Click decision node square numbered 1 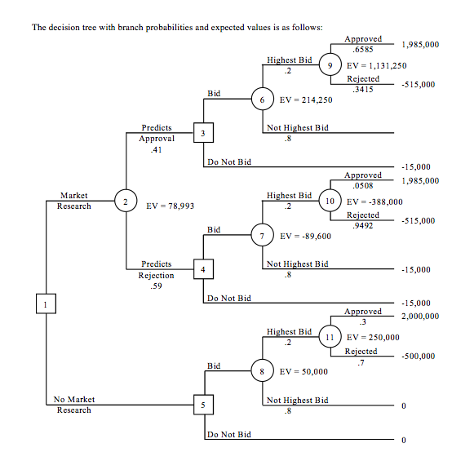[46, 304]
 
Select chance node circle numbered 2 [126, 202]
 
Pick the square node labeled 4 [203, 268]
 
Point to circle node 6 [261, 100]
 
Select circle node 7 [261, 235]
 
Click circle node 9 [330, 65]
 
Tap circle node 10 [330, 201]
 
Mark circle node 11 [330, 336]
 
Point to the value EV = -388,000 [374, 201]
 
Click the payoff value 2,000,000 [419, 316]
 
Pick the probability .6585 [363, 49]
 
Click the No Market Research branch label [74, 405]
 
